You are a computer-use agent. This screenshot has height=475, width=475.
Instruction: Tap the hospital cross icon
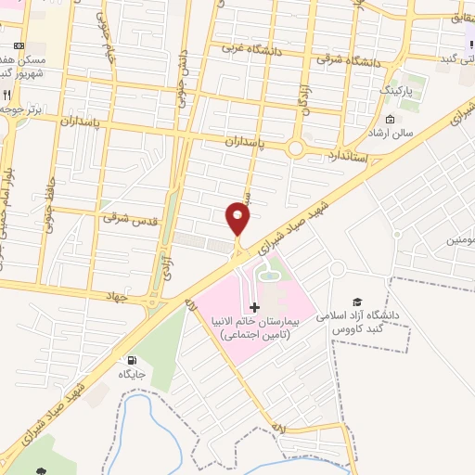[x=255, y=306]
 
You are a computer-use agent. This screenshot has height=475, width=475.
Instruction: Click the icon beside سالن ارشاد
[x=390, y=121]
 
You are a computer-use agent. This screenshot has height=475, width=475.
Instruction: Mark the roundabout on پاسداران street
[x=296, y=148]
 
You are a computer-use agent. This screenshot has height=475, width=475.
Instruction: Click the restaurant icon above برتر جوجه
[x=6, y=94]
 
